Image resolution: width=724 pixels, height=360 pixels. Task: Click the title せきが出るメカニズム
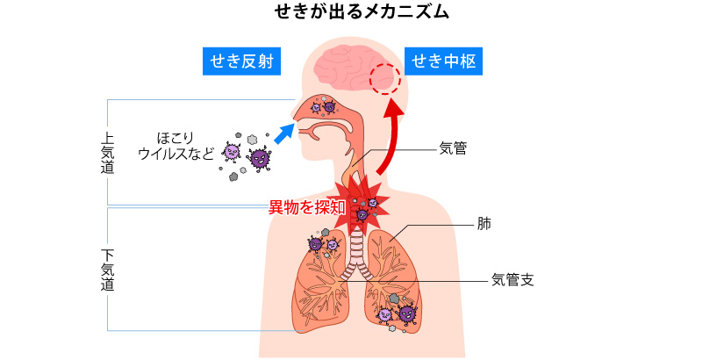362,12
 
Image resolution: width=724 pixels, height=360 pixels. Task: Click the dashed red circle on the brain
384,79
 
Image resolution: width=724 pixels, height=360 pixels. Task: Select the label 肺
484,224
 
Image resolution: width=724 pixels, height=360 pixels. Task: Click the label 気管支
513,281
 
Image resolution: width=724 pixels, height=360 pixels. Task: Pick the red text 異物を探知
306,208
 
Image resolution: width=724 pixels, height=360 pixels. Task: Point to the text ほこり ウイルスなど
176,146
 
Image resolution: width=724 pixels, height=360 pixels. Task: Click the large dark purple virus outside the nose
260,157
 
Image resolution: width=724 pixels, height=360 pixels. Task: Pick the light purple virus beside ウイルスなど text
232,151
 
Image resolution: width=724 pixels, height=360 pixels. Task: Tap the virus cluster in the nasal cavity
323,105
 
